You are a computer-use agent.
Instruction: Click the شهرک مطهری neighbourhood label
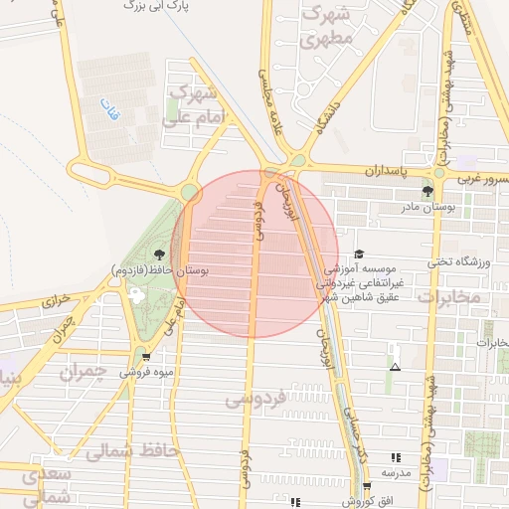tap(326, 29)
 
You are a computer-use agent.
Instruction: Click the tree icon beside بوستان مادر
tap(427, 191)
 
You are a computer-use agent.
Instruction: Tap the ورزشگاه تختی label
tap(459, 262)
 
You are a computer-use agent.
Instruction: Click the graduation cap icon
tap(359, 254)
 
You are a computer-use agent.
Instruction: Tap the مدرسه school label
tap(396, 471)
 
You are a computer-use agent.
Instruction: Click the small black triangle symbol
tap(396, 368)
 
